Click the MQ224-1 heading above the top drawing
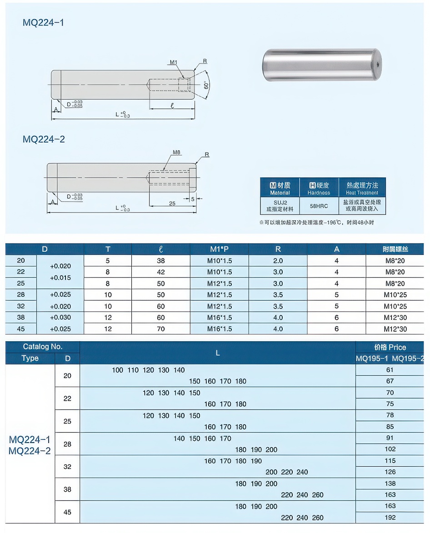point(43,22)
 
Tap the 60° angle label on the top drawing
point(205,85)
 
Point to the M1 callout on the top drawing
point(173,62)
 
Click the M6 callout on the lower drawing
point(177,153)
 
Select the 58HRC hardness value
point(319,206)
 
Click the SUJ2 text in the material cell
point(280,202)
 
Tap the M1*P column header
point(219,249)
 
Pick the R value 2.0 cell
point(278,261)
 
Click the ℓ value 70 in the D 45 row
point(161,329)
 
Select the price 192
point(390,517)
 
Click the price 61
point(390,370)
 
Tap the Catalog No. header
point(43,347)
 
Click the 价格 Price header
point(390,347)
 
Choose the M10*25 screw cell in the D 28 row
point(395,295)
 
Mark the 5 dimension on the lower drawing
point(193,199)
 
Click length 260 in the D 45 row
point(318,518)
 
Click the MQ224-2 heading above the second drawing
point(44,139)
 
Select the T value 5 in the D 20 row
point(108,261)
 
